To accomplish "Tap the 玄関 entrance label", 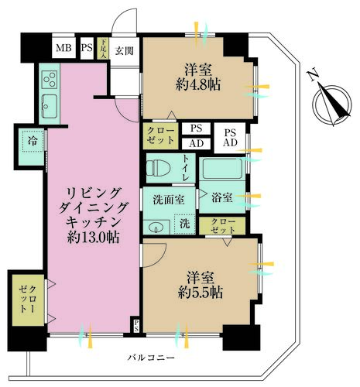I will (x=125, y=50).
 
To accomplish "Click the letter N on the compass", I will (x=311, y=75).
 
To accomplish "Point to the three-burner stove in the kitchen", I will (x=50, y=79).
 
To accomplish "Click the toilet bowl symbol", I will (x=159, y=166).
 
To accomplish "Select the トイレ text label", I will (x=186, y=166).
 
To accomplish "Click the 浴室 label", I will (x=222, y=197).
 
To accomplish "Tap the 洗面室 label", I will (x=167, y=197).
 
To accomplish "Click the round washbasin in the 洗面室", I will (x=157, y=227).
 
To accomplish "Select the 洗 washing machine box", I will (x=183, y=224).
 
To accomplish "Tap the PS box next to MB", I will (x=86, y=49).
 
